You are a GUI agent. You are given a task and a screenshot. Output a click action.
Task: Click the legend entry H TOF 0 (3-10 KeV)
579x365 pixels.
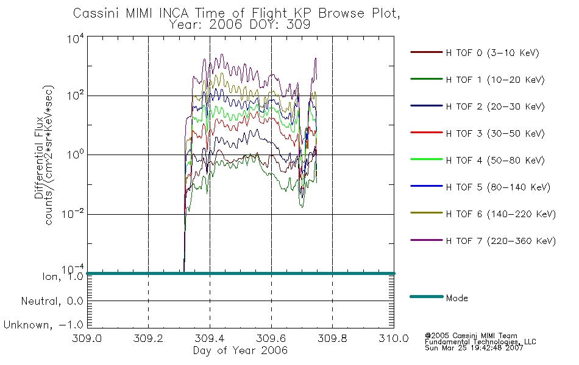click(x=492, y=53)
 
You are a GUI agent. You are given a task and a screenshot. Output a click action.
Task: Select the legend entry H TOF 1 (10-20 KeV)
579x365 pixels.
click(x=495, y=80)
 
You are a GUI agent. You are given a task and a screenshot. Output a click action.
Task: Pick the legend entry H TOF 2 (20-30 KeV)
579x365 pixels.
click(x=495, y=106)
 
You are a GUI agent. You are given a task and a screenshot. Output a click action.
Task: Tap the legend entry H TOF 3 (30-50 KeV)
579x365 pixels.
click(x=495, y=133)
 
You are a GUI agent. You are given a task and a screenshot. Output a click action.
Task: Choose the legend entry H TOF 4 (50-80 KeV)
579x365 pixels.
click(x=495, y=161)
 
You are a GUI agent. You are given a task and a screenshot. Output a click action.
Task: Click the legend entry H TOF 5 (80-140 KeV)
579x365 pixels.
click(x=498, y=187)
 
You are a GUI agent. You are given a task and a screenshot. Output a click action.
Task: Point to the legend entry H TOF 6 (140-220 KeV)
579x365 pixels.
click(x=501, y=214)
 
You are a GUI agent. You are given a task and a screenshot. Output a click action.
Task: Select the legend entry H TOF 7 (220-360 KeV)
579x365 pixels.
click(x=501, y=241)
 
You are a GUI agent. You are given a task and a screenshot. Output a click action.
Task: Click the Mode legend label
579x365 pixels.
click(x=456, y=298)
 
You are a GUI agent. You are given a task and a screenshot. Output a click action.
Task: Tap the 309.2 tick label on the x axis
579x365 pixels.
click(x=148, y=338)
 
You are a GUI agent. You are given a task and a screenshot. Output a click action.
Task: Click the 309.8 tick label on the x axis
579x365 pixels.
click(x=332, y=338)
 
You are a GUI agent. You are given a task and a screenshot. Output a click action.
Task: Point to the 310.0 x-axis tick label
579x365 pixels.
click(x=394, y=338)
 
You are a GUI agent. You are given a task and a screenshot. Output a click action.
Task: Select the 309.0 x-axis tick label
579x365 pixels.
click(x=87, y=338)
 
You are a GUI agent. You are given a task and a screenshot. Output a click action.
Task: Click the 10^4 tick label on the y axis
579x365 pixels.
click(x=76, y=39)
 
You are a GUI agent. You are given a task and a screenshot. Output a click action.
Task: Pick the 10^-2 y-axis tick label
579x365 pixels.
click(x=73, y=214)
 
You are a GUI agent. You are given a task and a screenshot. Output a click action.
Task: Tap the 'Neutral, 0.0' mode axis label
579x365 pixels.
click(x=52, y=301)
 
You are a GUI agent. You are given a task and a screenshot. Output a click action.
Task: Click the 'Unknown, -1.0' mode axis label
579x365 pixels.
click(x=43, y=325)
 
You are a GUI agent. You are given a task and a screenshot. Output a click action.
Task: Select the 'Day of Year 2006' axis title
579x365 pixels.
click(x=240, y=350)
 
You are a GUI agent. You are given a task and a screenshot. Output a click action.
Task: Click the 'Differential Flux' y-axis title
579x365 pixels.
click(x=39, y=158)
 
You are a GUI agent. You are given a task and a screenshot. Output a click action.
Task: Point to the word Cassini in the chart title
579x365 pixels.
click(x=96, y=13)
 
